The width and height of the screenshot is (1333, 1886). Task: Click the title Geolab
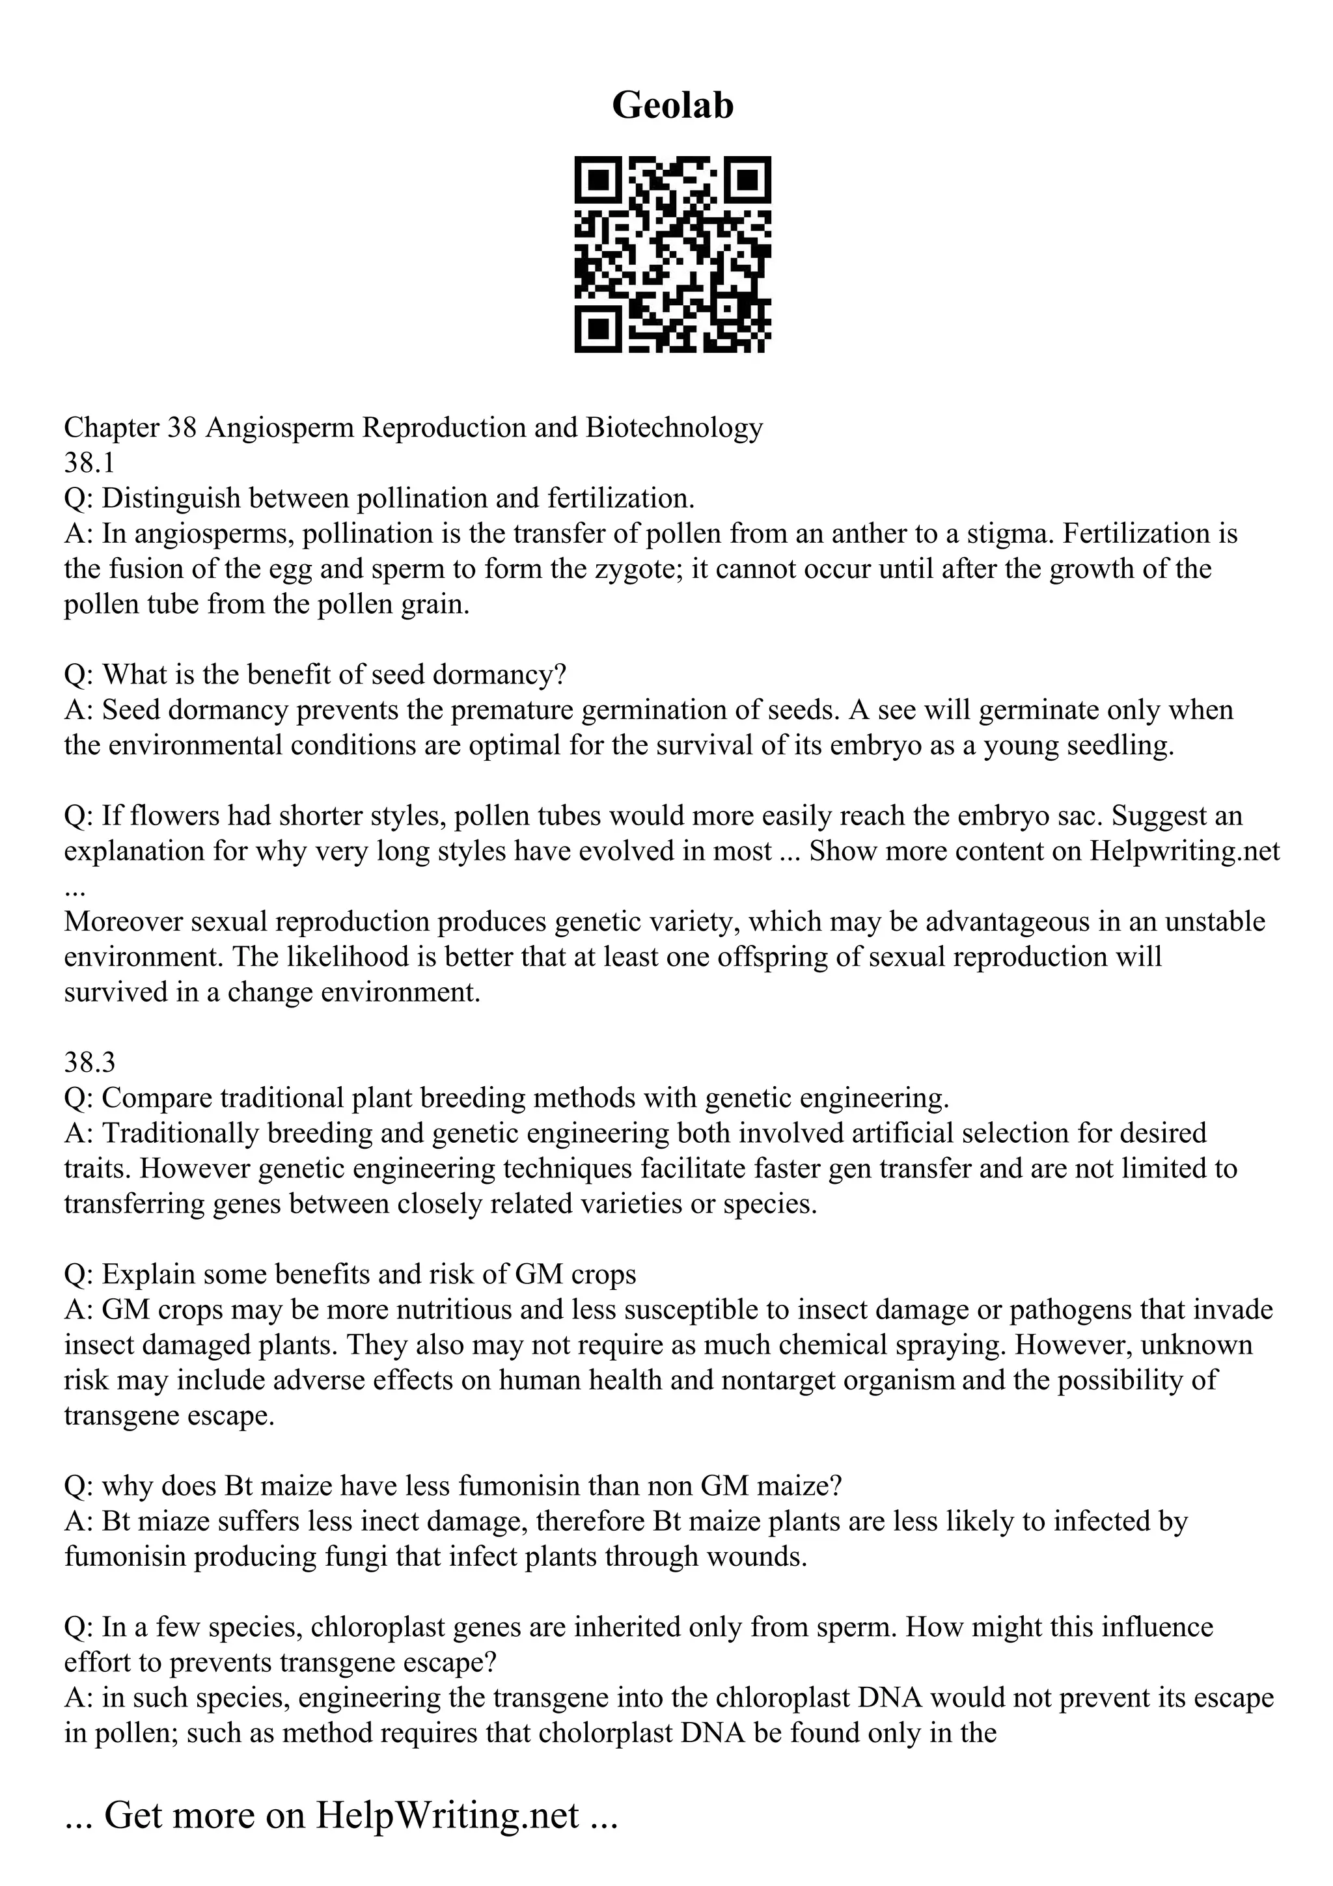tap(672, 106)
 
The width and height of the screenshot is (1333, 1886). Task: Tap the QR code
tap(672, 254)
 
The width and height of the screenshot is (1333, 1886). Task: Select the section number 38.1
tap(90, 463)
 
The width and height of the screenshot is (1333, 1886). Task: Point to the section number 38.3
tap(90, 1062)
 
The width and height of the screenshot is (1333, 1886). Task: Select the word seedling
tap(1120, 746)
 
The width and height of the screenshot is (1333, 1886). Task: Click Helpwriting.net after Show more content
tap(1185, 851)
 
